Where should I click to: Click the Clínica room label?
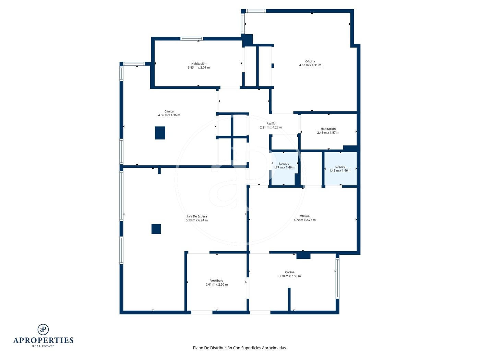coord(169,111)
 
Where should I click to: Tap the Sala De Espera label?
coord(196,216)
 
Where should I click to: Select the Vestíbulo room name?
coord(216,280)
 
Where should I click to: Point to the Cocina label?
coord(289,272)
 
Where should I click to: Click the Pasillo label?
coord(271,123)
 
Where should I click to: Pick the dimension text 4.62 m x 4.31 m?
coord(310,65)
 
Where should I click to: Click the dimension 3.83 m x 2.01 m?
coord(199,68)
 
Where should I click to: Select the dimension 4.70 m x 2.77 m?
coord(304,220)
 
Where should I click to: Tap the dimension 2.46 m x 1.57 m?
coord(328,133)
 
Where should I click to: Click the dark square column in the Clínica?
coord(160,133)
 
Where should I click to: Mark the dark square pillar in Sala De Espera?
coord(156,229)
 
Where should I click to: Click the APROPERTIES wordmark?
coord(43,340)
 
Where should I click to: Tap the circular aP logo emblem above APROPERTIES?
coord(43,329)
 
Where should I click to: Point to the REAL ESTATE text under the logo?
coord(43,346)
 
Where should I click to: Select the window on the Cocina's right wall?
coord(337,278)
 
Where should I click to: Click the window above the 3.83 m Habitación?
coord(192,39)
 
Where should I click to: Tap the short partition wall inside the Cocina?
coord(289,299)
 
